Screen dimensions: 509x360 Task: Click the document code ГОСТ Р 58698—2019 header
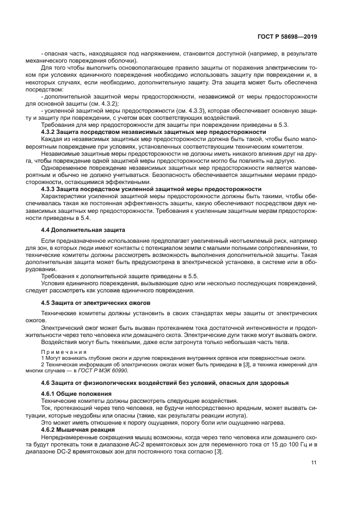point(287,37)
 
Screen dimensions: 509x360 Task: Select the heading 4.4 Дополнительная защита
point(83,230)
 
